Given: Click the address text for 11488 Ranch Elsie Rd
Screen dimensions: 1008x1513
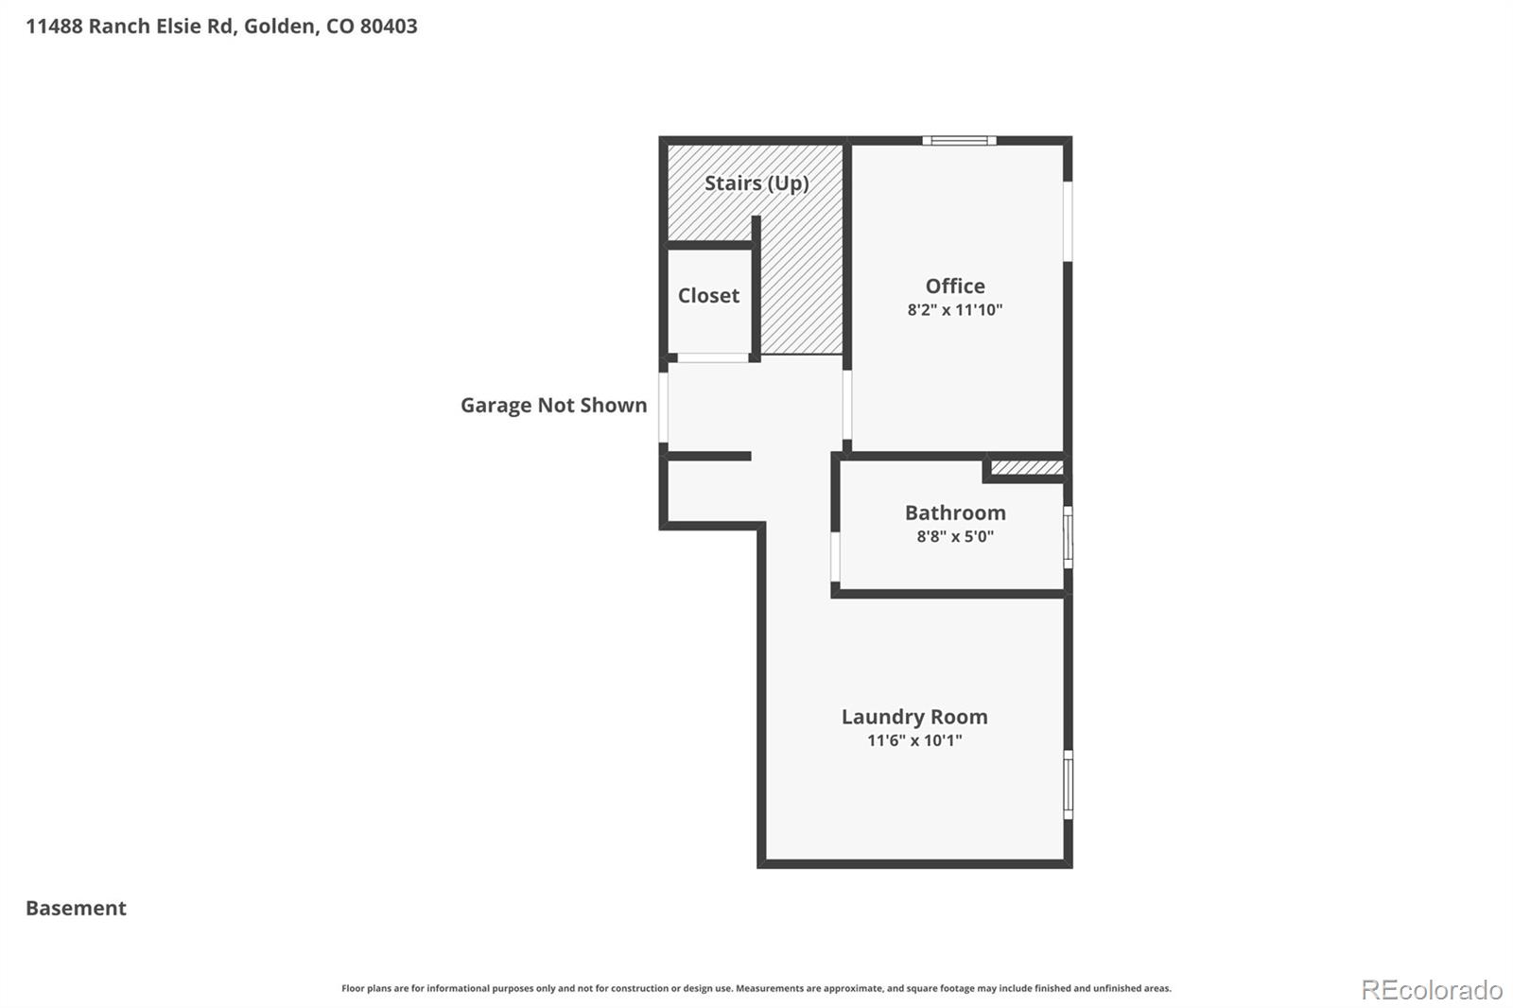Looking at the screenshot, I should point(221,26).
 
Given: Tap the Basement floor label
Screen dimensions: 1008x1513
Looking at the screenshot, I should point(76,908).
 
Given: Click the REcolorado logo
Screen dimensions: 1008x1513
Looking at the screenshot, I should point(1431,990).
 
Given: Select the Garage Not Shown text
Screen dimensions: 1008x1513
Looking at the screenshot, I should point(553,405).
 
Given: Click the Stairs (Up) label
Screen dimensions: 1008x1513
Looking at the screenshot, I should point(756,182).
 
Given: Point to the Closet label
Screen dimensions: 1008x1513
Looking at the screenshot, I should point(708,295).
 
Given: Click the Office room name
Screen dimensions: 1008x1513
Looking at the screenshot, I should point(955,286).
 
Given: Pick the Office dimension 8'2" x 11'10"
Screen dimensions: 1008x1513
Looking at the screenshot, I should point(955,310).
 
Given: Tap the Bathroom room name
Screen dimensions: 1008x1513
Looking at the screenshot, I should point(955,513).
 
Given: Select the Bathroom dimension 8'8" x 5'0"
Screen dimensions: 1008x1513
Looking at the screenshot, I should point(955,536).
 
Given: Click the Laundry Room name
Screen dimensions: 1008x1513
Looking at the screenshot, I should point(914,717).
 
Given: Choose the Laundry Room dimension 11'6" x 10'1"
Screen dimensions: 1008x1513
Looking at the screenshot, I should point(914,740).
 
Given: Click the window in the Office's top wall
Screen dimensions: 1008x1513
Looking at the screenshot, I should point(959,141).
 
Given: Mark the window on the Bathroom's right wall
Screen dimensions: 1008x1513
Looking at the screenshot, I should point(1068,537).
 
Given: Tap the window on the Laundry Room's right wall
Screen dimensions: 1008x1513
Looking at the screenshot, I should point(1068,784).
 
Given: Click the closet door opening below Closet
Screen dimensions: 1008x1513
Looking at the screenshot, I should point(713,358).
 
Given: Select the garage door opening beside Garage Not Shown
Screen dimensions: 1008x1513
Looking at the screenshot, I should point(664,408).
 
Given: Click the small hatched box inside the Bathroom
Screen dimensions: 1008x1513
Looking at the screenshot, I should point(1027,467).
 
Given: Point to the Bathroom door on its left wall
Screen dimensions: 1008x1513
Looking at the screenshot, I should point(836,557).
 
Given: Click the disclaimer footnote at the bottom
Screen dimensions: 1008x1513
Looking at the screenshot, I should point(756,988).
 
